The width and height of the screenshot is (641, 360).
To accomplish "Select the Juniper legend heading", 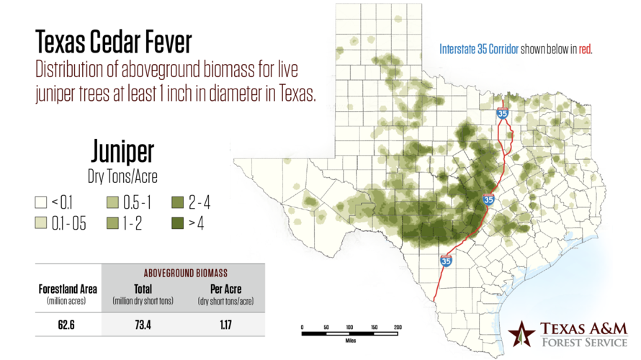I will (x=122, y=152).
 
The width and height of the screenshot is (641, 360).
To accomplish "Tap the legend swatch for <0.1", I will (x=41, y=203).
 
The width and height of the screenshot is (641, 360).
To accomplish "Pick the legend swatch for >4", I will (x=178, y=223).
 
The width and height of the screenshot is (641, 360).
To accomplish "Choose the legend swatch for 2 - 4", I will (x=178, y=203).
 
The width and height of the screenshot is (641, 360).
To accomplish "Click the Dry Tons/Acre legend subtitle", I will (x=122, y=175).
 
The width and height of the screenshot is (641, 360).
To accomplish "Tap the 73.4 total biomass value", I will (x=143, y=325).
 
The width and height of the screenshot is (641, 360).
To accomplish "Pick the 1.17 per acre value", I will (x=225, y=325).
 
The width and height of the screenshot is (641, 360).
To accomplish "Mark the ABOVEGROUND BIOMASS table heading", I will (x=184, y=273).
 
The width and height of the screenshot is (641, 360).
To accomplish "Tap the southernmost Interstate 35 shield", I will (x=446, y=262).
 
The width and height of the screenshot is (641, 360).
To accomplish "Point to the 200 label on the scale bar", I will (x=398, y=328).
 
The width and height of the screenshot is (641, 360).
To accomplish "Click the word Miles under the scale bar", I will (x=350, y=341).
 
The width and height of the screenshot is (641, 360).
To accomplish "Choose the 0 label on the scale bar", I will (x=302, y=328).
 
